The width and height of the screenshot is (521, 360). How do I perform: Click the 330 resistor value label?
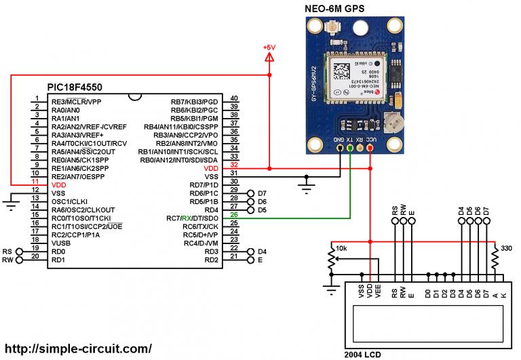pos(505,248)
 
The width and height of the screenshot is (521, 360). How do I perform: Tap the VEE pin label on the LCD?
pos(378,291)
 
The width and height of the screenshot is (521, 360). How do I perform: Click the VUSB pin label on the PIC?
pos(62,243)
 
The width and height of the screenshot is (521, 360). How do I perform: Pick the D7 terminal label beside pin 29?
pos(262,193)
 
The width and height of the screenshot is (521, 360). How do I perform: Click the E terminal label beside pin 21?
pos(260,260)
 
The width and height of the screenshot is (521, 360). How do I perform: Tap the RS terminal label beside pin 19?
pos(7,251)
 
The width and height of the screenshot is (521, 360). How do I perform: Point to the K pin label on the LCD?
pos(503,296)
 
